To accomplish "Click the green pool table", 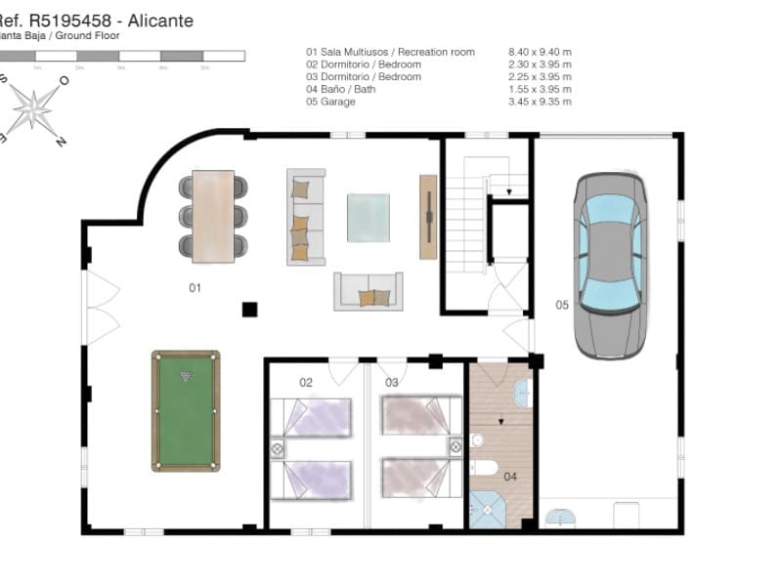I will click(186, 410).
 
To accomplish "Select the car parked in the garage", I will click(610, 265).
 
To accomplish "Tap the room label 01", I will click(195, 288).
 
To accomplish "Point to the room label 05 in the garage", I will click(562, 305).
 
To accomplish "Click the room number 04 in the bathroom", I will click(510, 478).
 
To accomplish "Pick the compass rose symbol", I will click(34, 106).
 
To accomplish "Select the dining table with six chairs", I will click(213, 216).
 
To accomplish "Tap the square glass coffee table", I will click(369, 217).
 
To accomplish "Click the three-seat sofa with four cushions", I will click(305, 216).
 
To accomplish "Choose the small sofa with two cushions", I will click(368, 291).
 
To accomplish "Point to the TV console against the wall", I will click(428, 216).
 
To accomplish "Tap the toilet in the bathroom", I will click(485, 467).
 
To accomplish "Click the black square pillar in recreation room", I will click(249, 310).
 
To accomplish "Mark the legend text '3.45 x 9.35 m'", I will click(540, 102).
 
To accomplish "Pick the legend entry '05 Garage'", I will click(333, 102).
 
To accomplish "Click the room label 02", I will click(306, 383).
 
